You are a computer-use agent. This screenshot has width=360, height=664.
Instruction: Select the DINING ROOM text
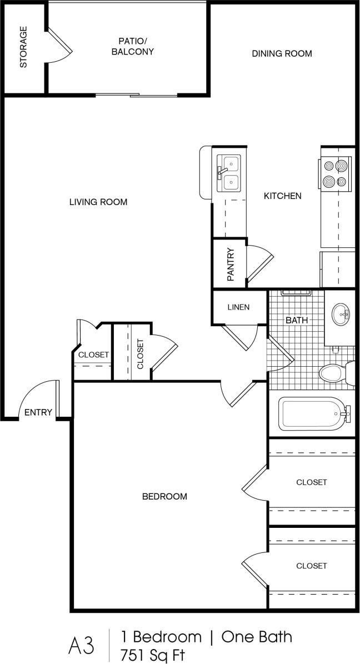[282, 54]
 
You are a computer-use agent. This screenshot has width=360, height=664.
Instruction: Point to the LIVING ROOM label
[98, 202]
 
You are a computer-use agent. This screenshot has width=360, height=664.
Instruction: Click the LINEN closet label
[238, 307]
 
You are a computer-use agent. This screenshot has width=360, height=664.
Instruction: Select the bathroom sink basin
[341, 315]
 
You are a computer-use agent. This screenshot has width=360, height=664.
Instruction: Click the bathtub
[313, 414]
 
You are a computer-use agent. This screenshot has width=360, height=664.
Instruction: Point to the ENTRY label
[38, 412]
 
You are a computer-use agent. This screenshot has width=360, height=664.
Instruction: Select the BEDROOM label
[164, 496]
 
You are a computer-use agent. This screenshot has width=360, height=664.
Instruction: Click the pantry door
[260, 264]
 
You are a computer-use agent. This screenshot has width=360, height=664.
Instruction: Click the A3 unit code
[81, 646]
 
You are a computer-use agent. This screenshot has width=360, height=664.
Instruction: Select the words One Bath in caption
[256, 636]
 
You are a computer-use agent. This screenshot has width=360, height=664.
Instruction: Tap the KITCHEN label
[282, 196]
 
